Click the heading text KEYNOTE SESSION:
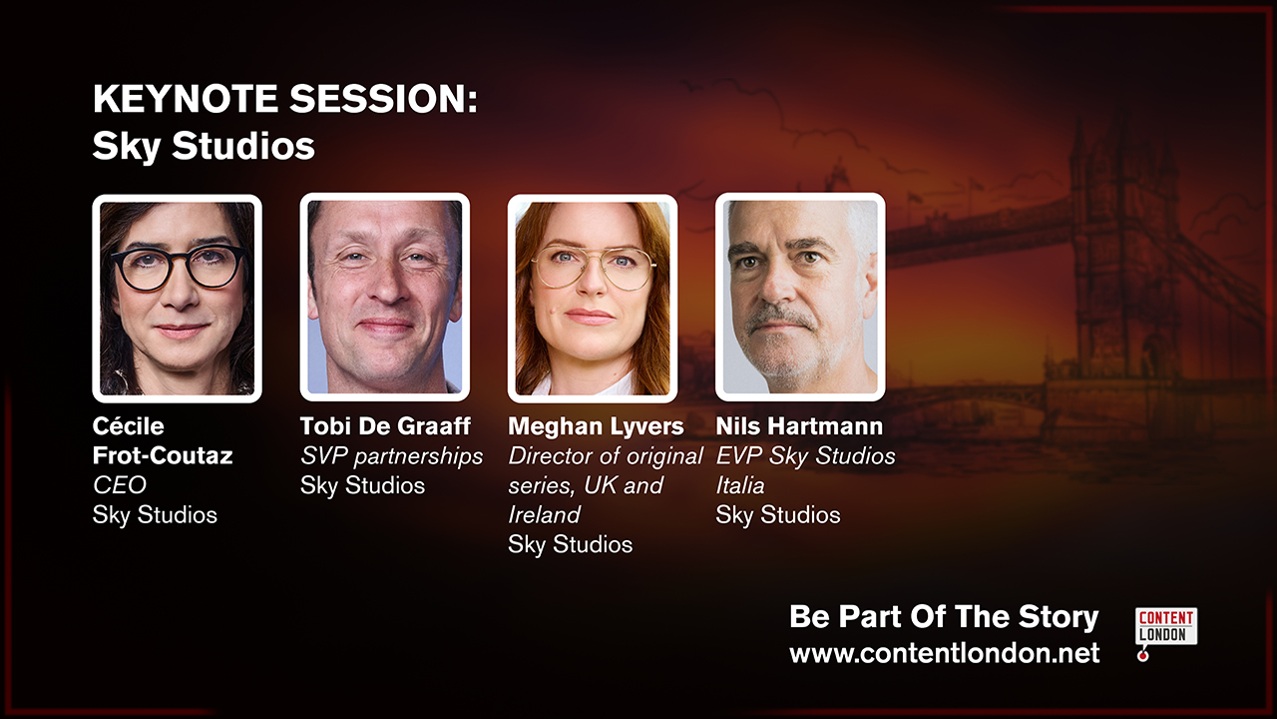(x=285, y=99)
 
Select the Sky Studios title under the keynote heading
(x=204, y=146)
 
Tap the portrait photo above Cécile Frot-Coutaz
(x=178, y=299)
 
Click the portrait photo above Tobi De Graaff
(x=385, y=298)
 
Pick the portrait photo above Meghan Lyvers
(x=593, y=299)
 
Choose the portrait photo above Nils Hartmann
(x=800, y=298)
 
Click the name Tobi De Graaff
(x=385, y=426)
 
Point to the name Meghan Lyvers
(x=596, y=426)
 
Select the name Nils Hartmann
(x=799, y=426)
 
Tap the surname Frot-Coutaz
(x=163, y=456)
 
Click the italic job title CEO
(x=120, y=485)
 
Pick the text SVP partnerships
(x=392, y=456)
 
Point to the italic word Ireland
(x=544, y=515)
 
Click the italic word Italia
(x=740, y=485)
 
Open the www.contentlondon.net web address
(x=945, y=653)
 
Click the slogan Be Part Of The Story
(x=944, y=617)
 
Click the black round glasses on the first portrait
(x=179, y=267)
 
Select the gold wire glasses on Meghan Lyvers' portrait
(x=593, y=266)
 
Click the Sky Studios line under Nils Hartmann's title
(x=777, y=515)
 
